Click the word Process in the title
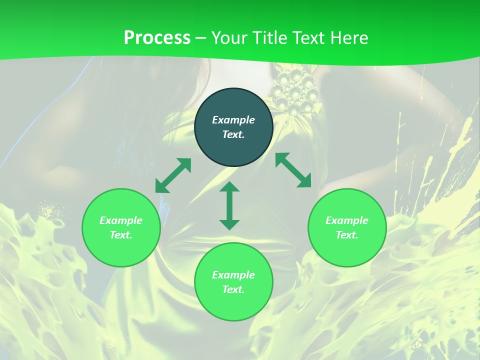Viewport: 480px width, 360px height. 157,37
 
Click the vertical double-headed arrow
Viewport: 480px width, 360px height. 229,205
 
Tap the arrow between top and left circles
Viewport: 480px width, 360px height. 173,175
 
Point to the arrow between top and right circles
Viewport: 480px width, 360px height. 293,170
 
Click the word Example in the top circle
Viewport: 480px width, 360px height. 233,120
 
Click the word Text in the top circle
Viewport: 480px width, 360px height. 233,134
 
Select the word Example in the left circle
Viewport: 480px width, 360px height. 121,220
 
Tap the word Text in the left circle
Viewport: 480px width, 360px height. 121,235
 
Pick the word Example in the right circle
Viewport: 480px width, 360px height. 347,220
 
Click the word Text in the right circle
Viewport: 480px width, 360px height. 347,235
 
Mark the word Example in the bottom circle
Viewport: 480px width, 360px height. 233,275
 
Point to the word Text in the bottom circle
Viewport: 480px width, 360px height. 233,289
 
